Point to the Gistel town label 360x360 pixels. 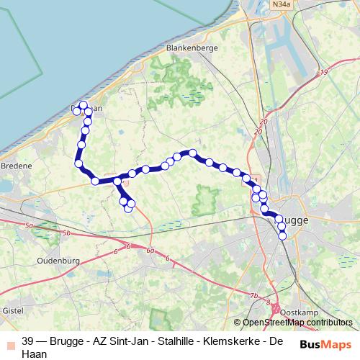pyautogui.click(x=14, y=310)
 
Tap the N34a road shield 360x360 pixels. pyautogui.click(x=282, y=5)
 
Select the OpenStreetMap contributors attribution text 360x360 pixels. pyautogui.click(x=297, y=323)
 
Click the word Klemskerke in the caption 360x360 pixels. pyautogui.click(x=230, y=341)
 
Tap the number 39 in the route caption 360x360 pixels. pyautogui.click(x=28, y=341)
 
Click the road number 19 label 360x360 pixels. pyautogui.click(x=325, y=73)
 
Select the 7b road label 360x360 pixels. pyautogui.click(x=253, y=296)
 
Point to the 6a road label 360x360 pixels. pyautogui.click(x=150, y=251)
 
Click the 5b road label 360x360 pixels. pyautogui.click(x=67, y=233)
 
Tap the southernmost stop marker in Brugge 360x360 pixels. pyautogui.click(x=282, y=235)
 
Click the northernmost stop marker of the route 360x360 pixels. pyautogui.click(x=84, y=105)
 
